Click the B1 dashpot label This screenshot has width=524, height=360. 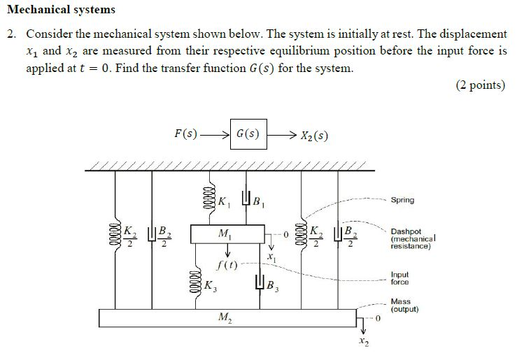pyautogui.click(x=257, y=203)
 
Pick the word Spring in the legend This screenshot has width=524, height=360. pyautogui.click(x=402, y=200)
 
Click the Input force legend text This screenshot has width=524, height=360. pyautogui.click(x=400, y=278)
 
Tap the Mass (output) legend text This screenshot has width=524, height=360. pyautogui.click(x=404, y=305)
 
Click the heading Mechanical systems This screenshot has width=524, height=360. pyautogui.click(x=61, y=10)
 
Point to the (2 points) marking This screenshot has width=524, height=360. pyautogui.click(x=480, y=85)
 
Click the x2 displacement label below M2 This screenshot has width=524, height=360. pyautogui.click(x=362, y=343)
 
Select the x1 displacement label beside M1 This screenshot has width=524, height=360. pyautogui.click(x=271, y=259)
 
